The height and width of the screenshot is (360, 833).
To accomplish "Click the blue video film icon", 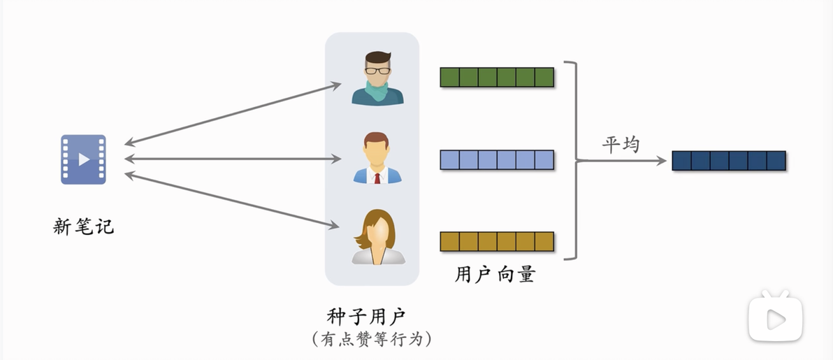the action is click(83, 159).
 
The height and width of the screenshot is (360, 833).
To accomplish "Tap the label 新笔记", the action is click(83, 226).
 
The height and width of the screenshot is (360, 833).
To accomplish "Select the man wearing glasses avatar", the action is click(378, 78).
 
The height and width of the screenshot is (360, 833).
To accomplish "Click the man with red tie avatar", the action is click(377, 158).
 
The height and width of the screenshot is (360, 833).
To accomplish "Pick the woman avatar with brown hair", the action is click(378, 237).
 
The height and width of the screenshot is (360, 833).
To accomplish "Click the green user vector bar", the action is click(498, 77).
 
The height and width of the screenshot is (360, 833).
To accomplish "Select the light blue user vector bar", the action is click(498, 159).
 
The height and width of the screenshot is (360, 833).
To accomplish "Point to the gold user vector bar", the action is click(498, 241).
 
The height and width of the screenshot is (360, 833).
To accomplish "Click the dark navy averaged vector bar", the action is click(729, 161).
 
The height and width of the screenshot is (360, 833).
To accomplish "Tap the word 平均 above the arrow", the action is click(621, 145).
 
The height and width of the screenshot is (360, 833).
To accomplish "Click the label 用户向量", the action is click(495, 275).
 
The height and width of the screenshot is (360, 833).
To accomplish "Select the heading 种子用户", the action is click(367, 317).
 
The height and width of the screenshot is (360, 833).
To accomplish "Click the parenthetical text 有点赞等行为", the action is click(372, 339).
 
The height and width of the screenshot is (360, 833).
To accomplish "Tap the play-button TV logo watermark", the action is click(775, 317).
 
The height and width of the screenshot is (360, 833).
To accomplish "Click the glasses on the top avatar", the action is click(378, 70).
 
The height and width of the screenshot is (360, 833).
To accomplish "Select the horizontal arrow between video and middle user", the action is click(233, 159).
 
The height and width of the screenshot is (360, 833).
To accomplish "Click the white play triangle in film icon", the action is click(84, 159).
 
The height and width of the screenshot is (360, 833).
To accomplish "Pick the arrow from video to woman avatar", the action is click(231, 201).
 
